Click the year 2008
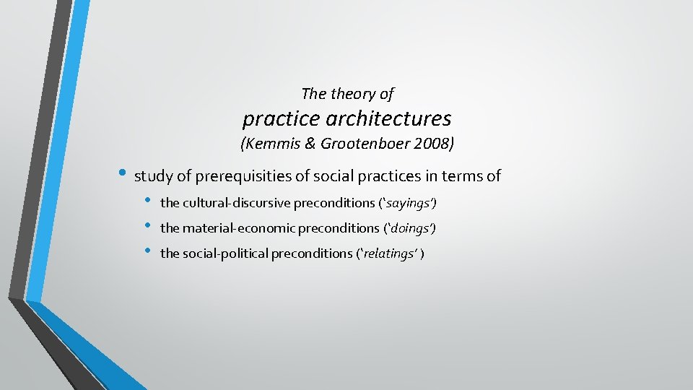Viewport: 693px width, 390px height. pyautogui.click(x=435, y=144)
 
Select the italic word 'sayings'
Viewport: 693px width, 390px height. pyautogui.click(x=409, y=203)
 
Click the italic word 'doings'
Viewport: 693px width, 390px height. pyautogui.click(x=411, y=228)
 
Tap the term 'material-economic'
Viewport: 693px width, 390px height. pyautogui.click(x=225, y=228)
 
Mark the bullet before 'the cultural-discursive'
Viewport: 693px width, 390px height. pyautogui.click(x=147, y=201)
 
